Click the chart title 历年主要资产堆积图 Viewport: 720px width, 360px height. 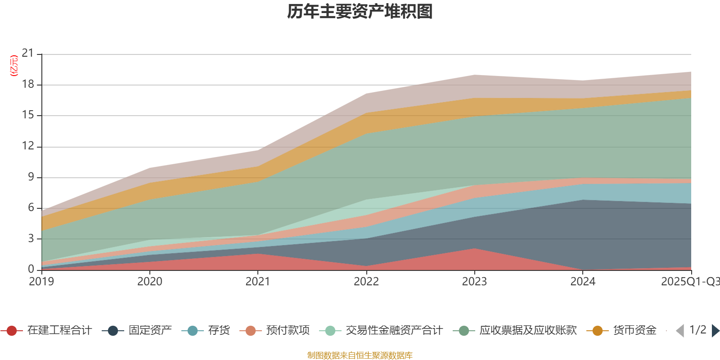[x=360, y=12]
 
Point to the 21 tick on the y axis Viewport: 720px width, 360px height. [x=28, y=54]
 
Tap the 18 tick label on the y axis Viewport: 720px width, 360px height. [x=28, y=85]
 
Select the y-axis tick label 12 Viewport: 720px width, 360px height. [x=28, y=146]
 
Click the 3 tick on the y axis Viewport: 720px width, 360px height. [x=31, y=238]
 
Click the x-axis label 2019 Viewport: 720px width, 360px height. [x=41, y=282]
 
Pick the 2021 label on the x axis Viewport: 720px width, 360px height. [x=257, y=282]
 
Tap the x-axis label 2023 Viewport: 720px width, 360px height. [x=474, y=282]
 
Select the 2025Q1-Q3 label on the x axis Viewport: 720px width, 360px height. [x=689, y=282]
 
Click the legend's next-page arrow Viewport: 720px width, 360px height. [x=715, y=331]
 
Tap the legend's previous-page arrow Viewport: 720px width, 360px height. [x=680, y=331]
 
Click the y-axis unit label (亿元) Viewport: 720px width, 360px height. [x=14, y=66]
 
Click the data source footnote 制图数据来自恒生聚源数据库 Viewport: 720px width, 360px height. [x=360, y=355]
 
